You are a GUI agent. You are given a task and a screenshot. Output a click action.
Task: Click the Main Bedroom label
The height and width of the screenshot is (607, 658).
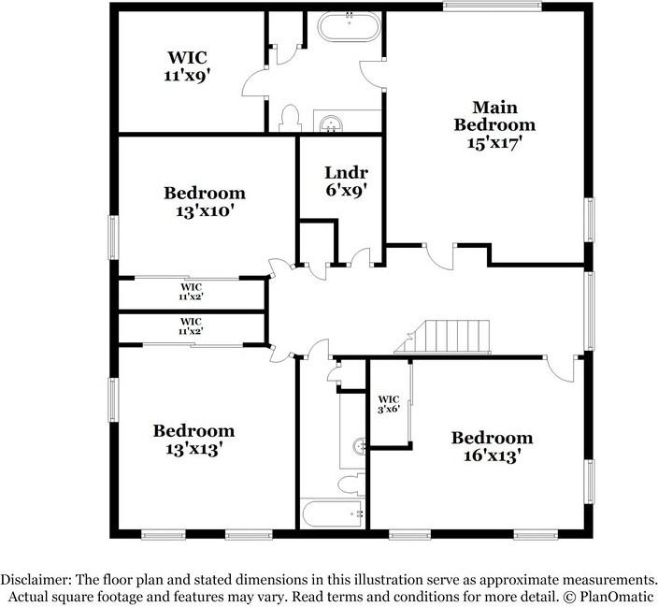[494, 116]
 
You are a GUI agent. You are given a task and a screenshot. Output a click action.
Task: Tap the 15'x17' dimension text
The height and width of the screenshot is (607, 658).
[494, 143]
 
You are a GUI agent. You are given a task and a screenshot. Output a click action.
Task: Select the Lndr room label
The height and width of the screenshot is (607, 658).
[346, 172]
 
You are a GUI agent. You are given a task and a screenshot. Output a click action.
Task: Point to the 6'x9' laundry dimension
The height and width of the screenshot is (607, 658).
[345, 190]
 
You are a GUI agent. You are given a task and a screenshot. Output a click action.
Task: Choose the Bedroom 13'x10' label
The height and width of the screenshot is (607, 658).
[205, 202]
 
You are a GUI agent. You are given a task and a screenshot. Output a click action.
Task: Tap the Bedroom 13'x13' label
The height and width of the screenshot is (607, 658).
[194, 440]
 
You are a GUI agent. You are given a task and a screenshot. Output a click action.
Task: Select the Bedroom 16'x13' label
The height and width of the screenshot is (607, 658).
[492, 446]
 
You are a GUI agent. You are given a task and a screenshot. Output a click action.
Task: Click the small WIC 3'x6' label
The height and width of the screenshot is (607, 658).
[389, 402]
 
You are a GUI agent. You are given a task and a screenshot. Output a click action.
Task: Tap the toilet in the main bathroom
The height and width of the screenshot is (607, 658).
[289, 118]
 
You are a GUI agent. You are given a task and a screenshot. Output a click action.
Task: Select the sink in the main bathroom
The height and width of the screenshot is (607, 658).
[329, 122]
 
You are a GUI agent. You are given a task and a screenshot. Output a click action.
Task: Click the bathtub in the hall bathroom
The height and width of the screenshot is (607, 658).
[332, 513]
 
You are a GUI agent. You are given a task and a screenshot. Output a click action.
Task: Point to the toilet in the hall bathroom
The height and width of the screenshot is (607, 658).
[350, 484]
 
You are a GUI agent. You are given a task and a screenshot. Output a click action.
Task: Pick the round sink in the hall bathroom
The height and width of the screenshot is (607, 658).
[358, 447]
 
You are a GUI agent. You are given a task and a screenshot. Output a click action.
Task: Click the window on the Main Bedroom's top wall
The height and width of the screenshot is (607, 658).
[492, 6]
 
